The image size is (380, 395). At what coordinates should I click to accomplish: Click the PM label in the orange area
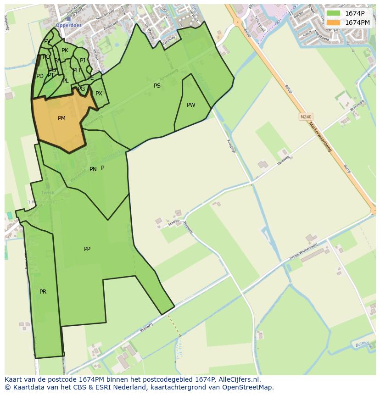(61, 118)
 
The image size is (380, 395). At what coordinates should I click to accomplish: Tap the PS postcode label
(157, 86)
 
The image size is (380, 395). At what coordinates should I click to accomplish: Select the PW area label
(191, 105)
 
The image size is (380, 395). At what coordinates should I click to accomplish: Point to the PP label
(87, 249)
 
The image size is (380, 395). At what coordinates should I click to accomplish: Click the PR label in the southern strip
(43, 292)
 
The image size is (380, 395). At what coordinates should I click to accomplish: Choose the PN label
(93, 169)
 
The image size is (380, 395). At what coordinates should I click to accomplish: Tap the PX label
(99, 94)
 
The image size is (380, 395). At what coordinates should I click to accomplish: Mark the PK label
(65, 51)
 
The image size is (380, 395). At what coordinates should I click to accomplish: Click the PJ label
(83, 61)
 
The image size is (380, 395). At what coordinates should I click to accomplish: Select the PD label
(40, 76)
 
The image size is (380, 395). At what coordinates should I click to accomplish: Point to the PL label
(65, 81)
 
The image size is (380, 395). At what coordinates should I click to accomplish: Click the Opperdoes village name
(68, 26)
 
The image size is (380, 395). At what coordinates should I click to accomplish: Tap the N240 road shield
(306, 117)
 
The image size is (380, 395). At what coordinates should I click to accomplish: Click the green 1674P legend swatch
(333, 13)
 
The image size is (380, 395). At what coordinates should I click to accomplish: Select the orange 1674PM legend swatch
(333, 22)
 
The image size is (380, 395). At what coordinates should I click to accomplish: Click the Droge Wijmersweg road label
(303, 252)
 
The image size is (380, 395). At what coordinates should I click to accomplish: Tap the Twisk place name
(48, 193)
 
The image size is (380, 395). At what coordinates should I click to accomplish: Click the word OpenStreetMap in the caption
(249, 387)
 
